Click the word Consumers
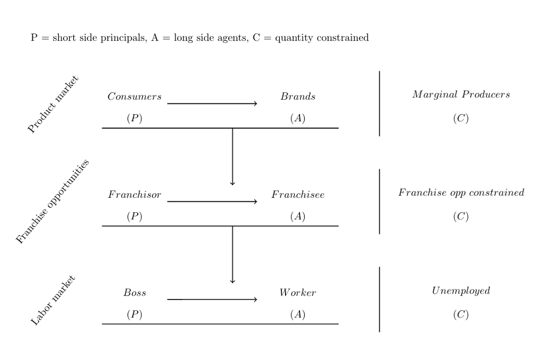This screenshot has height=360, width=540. [134, 96]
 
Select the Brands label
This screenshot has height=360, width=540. [298, 96]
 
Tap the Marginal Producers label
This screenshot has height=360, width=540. [461, 95]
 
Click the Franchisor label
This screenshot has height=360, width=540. [134, 194]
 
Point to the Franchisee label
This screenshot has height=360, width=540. [298, 194]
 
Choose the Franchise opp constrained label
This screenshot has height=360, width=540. [461, 192]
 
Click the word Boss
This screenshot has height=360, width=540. [134, 292]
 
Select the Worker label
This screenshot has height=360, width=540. [298, 292]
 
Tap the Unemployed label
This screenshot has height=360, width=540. [461, 291]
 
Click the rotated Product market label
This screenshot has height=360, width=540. [53, 104]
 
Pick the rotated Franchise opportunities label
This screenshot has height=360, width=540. [52, 201]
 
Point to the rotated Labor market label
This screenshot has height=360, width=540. [53, 301]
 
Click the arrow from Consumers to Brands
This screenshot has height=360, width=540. [212, 104]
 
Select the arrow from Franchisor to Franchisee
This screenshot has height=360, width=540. [212, 201]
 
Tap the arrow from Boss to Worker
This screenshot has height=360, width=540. [212, 299]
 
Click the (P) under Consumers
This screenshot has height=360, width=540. [134, 118]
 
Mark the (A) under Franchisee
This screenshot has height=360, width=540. [298, 216]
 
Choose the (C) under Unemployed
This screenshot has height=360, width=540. [461, 314]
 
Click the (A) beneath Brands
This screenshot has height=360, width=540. [298, 118]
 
